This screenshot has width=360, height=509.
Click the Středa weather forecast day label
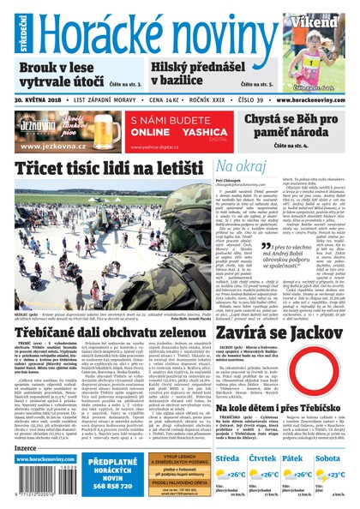tap(228, 458)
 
